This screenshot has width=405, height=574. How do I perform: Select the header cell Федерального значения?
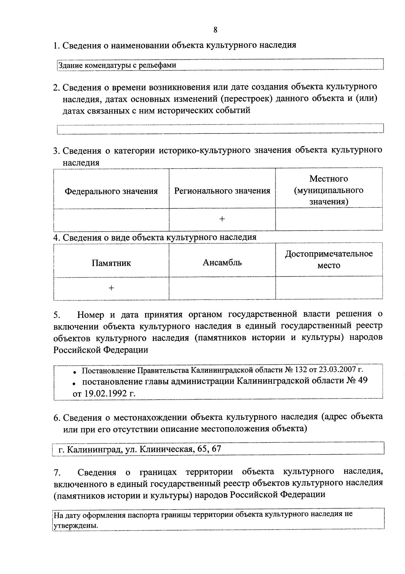(x=111, y=191)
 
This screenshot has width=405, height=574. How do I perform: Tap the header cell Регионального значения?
(x=222, y=191)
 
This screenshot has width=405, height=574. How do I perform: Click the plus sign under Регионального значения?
(x=222, y=219)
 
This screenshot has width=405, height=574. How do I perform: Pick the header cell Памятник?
(x=111, y=263)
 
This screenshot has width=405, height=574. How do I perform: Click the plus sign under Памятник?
(x=111, y=288)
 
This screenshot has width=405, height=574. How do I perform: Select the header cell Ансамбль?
(x=222, y=263)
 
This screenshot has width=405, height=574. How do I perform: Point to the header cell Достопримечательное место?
(x=329, y=259)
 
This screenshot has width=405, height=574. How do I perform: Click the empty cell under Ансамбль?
(x=222, y=288)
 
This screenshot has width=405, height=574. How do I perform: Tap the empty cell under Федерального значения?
(x=111, y=219)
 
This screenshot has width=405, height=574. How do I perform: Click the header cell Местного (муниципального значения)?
(x=329, y=190)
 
